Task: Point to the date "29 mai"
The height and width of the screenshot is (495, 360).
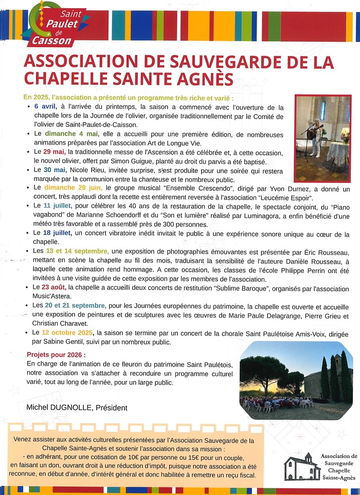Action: click(x=54, y=152)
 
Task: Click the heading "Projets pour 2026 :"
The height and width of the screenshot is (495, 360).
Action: click(x=57, y=355)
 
